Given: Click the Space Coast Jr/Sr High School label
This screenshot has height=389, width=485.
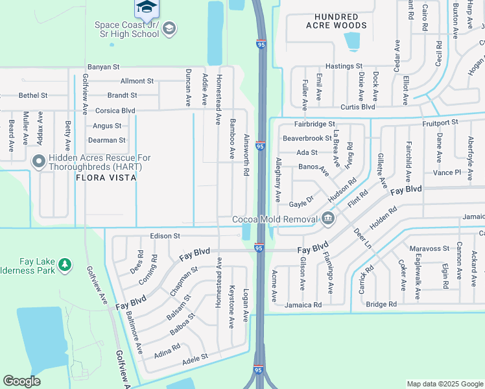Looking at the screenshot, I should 126,29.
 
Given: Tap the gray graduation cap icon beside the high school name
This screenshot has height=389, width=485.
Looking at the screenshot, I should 169,28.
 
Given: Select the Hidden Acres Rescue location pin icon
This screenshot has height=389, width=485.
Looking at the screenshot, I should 38,161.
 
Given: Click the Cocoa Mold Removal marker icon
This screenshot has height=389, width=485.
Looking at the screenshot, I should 328,218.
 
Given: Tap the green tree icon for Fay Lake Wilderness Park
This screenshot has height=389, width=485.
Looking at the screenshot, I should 64,265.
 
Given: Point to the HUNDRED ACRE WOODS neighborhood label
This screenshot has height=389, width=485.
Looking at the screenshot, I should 337,21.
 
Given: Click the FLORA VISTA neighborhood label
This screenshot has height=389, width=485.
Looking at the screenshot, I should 106,177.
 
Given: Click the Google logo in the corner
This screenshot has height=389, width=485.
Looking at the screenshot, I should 22,381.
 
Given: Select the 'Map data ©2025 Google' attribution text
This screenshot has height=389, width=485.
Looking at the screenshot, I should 444,384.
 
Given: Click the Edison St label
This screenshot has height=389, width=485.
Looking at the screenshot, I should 165,236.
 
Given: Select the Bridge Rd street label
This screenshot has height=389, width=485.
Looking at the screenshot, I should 381,304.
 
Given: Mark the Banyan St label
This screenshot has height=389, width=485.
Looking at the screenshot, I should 104,66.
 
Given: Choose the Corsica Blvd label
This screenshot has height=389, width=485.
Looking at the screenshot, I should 115,111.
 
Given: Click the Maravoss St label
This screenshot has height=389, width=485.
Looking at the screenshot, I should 429,248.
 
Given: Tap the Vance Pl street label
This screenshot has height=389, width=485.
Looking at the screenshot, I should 447,173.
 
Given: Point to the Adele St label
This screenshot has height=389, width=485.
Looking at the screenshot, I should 195,357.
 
